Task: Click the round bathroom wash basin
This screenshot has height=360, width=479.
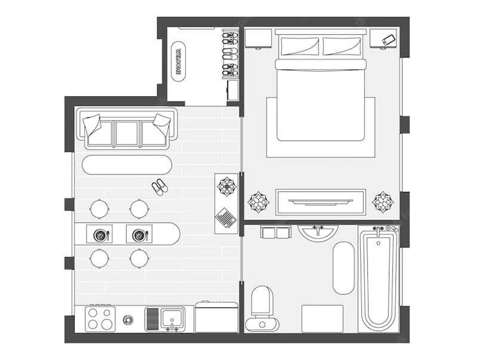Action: click(318, 232)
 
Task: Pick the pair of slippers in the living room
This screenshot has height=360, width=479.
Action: click(159, 187)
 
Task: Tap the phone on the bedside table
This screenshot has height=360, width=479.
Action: click(388, 40)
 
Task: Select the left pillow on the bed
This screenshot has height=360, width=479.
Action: click(300, 46)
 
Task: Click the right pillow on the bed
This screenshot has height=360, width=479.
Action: click(342, 46)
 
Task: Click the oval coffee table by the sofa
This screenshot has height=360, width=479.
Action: click(127, 165)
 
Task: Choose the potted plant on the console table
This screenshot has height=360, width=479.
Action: click(227, 186)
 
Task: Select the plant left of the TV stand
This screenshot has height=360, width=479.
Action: click(259, 202)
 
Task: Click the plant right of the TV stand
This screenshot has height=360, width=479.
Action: click(383, 202)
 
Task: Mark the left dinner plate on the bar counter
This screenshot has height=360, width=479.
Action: click(100, 234)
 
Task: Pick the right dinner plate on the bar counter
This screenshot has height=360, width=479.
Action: click(139, 234)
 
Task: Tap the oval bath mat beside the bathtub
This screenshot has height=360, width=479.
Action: click(343, 268)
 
